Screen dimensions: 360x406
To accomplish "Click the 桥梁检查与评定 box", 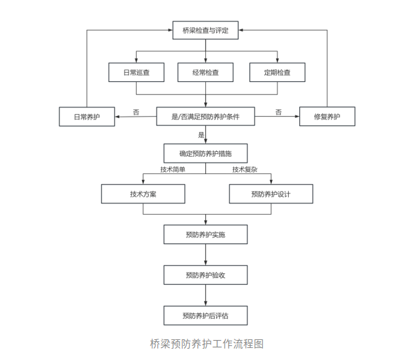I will coord(205,30).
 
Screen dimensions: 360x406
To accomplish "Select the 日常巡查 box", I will coord(136,72).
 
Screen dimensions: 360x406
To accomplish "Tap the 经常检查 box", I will coord(205,72).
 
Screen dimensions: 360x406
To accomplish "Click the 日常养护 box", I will coord(87,117).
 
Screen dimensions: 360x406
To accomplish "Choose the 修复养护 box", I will coord(327,117).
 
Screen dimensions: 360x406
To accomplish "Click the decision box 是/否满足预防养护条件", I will coord(205,117).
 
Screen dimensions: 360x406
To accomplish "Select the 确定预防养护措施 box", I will coord(205,153).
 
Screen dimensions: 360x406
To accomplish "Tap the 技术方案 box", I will coord(143,194).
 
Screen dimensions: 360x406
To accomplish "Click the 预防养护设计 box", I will coord(271,194).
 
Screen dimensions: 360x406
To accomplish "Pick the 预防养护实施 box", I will coord(205,234).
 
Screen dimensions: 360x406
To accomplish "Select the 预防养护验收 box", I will coord(205,275).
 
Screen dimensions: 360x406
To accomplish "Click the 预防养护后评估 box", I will coord(205,315).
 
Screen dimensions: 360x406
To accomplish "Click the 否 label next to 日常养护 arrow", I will coord(136,111).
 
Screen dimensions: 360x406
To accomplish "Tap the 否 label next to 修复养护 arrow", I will coord(279,111).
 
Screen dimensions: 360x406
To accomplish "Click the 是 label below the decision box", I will coord(201,135).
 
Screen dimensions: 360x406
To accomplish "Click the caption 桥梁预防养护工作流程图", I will coord(207,343).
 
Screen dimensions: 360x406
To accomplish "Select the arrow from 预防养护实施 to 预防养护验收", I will coord(205,255).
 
